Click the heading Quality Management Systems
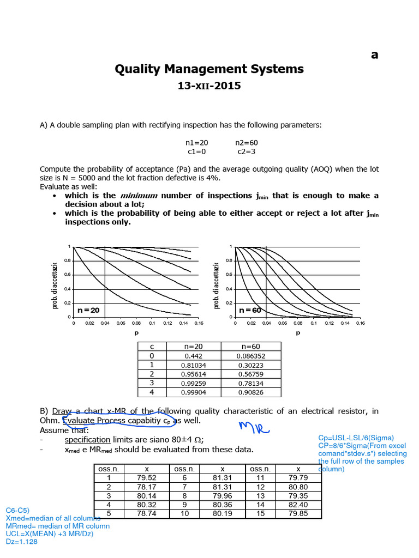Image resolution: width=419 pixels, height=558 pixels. (x=209, y=69)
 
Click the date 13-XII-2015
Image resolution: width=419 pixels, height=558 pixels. (x=209, y=86)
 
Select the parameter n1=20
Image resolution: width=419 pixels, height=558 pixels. (x=197, y=142)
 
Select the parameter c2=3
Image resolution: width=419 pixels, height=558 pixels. (x=246, y=152)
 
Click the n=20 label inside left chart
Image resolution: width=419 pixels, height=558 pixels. (x=88, y=310)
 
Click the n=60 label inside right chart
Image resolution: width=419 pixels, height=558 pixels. (x=250, y=310)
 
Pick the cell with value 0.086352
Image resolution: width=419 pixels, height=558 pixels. (x=251, y=356)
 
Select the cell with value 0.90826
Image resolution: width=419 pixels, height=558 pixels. (x=251, y=392)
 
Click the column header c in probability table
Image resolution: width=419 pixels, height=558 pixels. (x=151, y=347)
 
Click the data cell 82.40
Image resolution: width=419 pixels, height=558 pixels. (x=298, y=505)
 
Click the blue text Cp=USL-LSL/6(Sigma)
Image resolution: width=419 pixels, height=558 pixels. (x=356, y=438)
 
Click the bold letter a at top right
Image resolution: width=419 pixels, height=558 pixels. (x=374, y=54)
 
